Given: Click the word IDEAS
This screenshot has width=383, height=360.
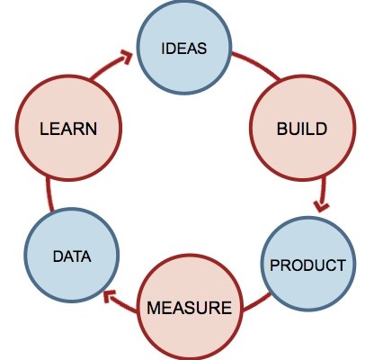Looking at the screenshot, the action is [184, 49].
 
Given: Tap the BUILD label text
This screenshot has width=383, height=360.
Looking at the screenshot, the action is [302, 129].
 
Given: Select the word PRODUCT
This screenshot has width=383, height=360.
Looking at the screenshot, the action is [307, 265].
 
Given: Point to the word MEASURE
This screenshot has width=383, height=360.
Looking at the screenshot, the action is [190, 308].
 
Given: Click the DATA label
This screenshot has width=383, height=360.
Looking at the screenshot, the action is [72, 256].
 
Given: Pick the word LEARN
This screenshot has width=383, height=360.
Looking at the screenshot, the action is [68, 129].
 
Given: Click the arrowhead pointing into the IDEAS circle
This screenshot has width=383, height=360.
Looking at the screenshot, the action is [128, 57].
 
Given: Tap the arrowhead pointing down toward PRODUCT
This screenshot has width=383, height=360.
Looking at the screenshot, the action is [321, 207].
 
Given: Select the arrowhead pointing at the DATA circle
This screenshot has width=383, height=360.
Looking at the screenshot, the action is [109, 297].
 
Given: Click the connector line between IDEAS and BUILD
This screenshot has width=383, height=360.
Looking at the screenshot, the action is [257, 65].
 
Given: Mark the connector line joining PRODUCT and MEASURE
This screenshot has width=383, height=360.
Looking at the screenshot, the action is [257, 302].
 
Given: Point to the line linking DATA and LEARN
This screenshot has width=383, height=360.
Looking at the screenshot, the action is [49, 194].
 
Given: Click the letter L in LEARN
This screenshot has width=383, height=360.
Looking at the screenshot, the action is [44, 129].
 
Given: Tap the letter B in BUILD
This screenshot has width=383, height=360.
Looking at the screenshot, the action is [282, 129].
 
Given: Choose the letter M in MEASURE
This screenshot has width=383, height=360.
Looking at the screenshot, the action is [154, 308].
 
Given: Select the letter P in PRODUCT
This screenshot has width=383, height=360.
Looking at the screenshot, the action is [274, 265].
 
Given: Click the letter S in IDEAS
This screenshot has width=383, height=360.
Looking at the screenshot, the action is [202, 49].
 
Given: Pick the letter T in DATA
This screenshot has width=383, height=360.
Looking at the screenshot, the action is [77, 256].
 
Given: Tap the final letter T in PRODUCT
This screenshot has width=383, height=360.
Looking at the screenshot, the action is [342, 265].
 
